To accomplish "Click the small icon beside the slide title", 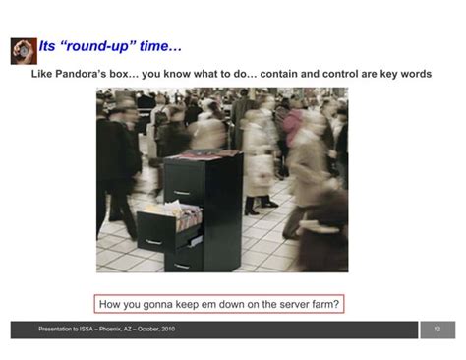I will pyautogui.click(x=24, y=50).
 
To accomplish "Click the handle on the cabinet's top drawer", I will pyautogui.click(x=183, y=193).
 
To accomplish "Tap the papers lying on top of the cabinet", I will pyautogui.click(x=213, y=153).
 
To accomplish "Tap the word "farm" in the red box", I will pyautogui.click(x=316, y=303).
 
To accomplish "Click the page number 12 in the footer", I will pyautogui.click(x=437, y=330).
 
